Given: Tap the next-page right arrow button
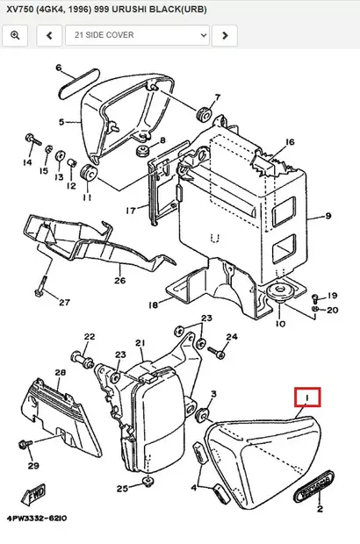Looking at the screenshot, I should click(x=226, y=35).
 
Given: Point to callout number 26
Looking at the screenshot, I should click(x=120, y=281).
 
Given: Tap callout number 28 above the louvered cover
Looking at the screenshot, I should click(x=61, y=373).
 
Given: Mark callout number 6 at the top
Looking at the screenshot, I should click(x=59, y=68).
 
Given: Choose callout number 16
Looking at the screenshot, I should click(x=289, y=142).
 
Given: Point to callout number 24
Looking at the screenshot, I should click(x=232, y=337).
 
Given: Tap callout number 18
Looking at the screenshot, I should click(x=153, y=304).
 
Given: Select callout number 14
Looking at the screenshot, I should click(x=28, y=163).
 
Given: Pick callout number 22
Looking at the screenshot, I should click(x=89, y=337).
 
